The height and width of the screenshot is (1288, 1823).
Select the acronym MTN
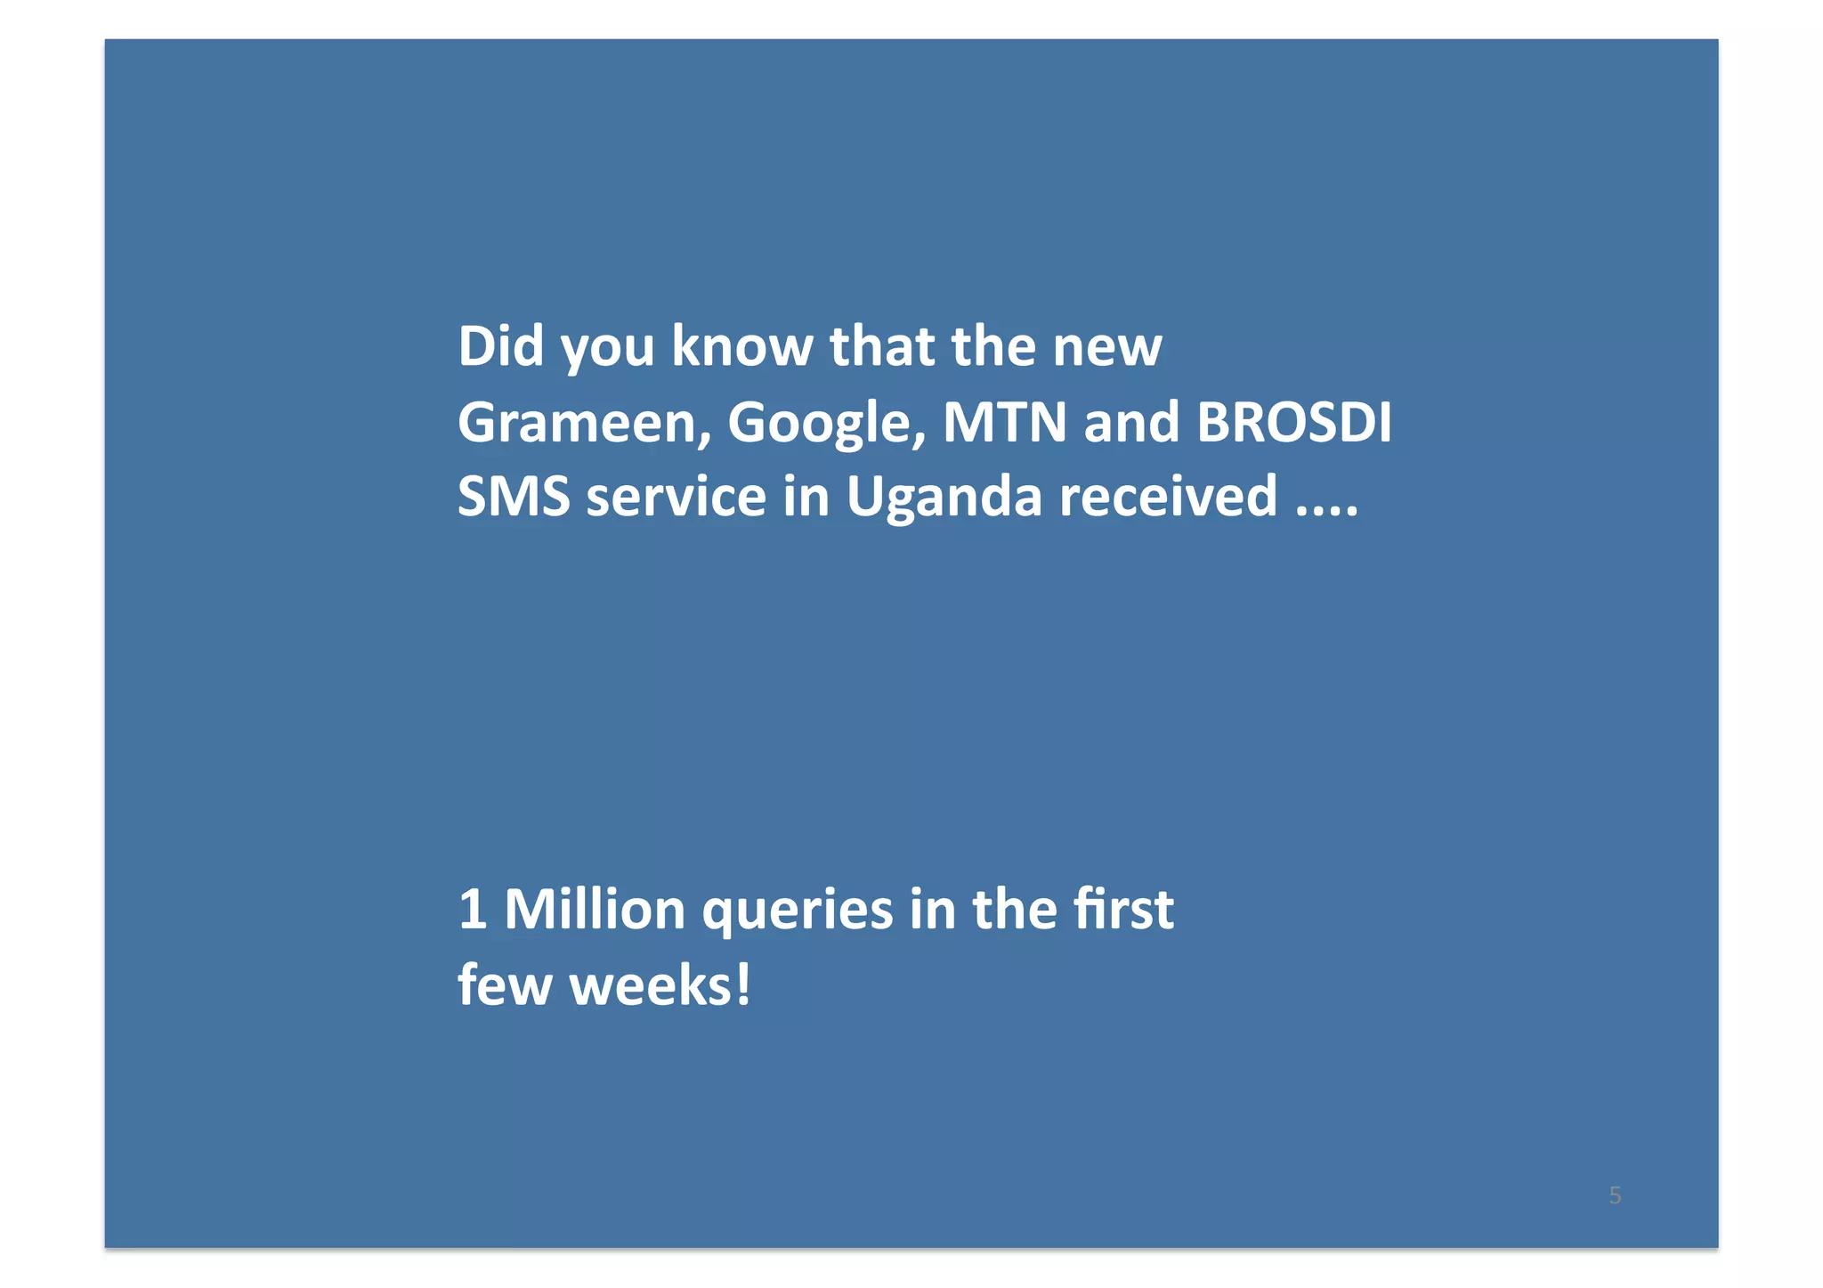tap(1004, 422)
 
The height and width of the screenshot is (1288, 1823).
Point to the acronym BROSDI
tap(1293, 422)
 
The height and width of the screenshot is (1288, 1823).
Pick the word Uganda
tap(944, 497)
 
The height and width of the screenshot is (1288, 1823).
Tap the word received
tap(1168, 497)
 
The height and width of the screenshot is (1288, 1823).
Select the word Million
tap(595, 910)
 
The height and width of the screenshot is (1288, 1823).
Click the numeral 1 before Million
tap(472, 910)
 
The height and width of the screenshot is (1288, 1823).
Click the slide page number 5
tap(1615, 1195)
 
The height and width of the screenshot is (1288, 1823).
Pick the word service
tap(676, 497)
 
